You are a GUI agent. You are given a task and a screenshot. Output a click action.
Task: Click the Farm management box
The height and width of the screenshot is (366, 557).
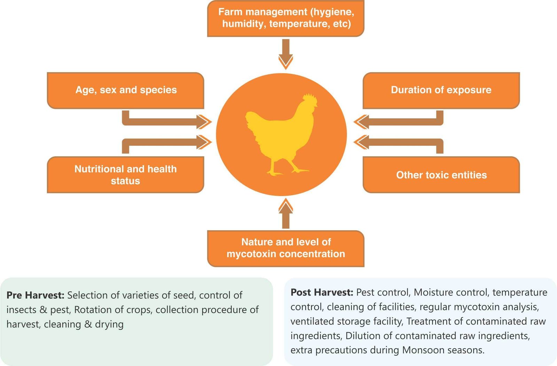(285, 18)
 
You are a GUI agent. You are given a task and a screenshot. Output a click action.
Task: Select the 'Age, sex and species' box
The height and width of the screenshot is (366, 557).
(125, 90)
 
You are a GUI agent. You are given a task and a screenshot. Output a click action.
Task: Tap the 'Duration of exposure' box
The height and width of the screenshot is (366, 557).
(441, 90)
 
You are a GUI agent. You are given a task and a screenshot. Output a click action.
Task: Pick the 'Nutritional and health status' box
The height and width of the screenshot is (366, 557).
(125, 175)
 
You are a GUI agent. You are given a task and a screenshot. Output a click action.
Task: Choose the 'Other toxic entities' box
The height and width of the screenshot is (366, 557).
(441, 175)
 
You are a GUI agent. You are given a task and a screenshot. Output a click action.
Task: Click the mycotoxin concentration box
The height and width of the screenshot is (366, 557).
(285, 248)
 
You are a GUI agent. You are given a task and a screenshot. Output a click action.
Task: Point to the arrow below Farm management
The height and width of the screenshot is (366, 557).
(285, 54)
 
